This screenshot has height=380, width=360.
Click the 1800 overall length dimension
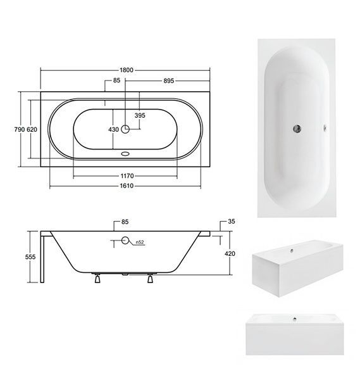tap(127, 70)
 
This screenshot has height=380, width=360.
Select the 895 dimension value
tap(169, 80)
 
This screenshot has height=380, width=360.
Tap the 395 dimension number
tap(140, 115)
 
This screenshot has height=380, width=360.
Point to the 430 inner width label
tap(113, 129)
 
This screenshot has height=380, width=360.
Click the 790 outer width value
tap(20, 129)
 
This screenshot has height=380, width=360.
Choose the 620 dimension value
tap(32, 129)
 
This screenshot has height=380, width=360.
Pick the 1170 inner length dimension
tap(127, 175)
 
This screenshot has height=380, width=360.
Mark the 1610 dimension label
tap(127, 186)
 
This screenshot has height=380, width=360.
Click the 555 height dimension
tap(30, 257)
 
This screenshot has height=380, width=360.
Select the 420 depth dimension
tap(230, 253)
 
